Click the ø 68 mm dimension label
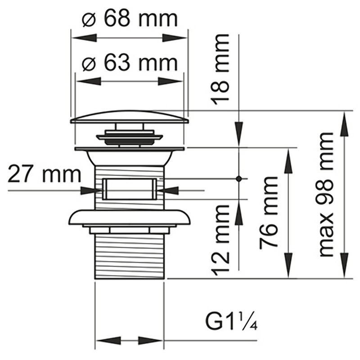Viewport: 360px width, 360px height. (130, 19)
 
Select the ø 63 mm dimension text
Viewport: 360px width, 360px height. (130, 63)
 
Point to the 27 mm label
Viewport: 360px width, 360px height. (44, 175)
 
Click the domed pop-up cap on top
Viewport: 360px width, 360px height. (130, 117)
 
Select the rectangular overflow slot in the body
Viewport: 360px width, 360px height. (130, 189)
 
